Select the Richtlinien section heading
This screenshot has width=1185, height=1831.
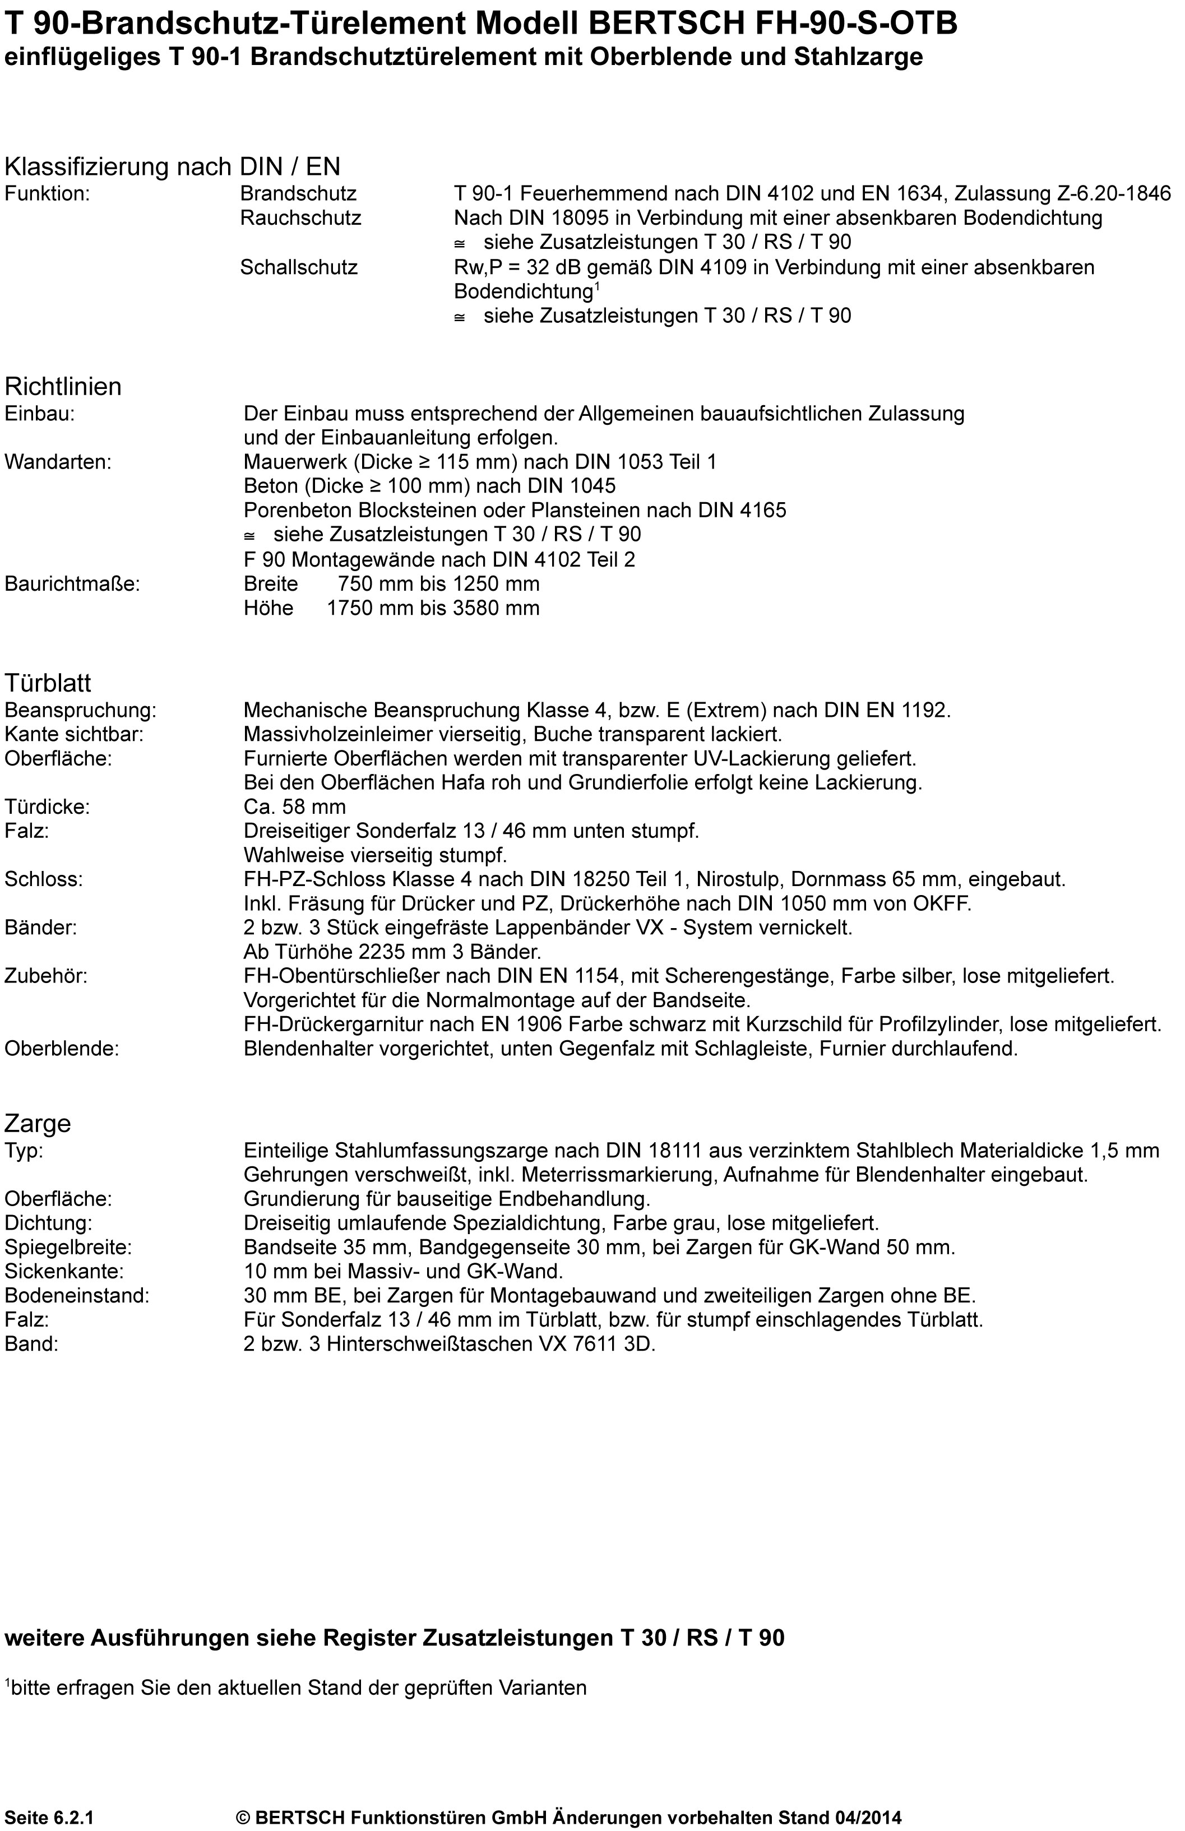tap(63, 386)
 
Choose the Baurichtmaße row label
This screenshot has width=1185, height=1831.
tap(72, 584)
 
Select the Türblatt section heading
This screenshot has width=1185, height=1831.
tap(48, 683)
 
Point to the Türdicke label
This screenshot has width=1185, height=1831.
tap(47, 807)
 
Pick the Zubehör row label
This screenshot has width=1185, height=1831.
tap(46, 977)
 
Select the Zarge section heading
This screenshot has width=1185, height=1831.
tap(38, 1124)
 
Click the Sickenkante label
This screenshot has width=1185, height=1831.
tap(64, 1271)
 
